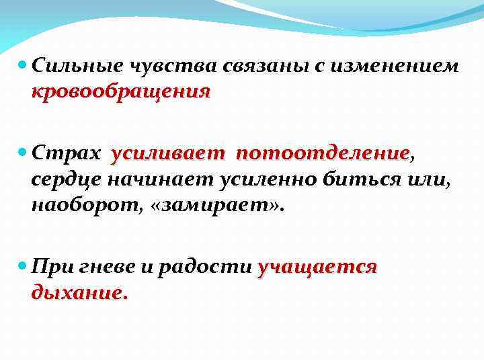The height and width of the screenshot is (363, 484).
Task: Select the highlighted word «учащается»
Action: (317, 268)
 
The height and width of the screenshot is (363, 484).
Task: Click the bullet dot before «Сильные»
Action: (24, 67)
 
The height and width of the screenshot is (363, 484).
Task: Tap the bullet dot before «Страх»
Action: (24, 155)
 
